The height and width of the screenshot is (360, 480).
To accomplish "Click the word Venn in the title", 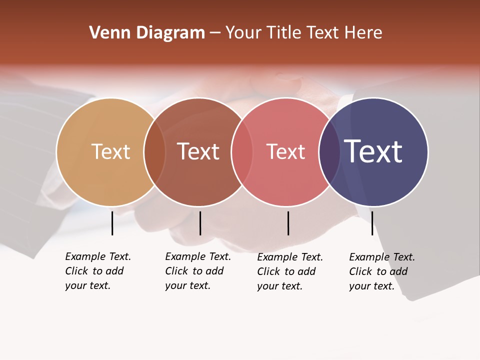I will [x=106, y=33].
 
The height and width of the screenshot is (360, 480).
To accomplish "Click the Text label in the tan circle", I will [x=110, y=151].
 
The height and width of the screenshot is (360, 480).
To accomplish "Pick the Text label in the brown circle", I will [x=198, y=151].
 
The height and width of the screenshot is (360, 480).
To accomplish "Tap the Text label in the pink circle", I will [x=286, y=151].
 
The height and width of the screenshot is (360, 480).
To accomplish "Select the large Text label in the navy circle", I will [x=373, y=151].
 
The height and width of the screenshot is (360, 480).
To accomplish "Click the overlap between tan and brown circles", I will [x=154, y=152].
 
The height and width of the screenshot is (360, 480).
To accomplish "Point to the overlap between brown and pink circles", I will [x=242, y=152].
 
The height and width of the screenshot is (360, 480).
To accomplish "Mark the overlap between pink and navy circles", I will [x=329, y=152].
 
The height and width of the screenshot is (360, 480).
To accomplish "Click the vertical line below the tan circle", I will [x=112, y=223].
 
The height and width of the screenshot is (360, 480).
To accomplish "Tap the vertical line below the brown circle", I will [x=200, y=223].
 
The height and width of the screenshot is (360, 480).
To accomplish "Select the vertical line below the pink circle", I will [x=288, y=223].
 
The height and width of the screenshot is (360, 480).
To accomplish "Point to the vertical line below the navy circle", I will [x=372, y=223].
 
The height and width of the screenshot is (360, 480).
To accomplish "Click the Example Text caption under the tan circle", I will [x=98, y=271].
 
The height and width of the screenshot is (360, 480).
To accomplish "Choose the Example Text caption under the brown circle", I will [x=198, y=271].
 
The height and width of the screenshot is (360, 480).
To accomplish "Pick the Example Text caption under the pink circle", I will [x=290, y=271].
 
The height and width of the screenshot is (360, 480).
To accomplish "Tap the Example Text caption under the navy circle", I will [x=382, y=271].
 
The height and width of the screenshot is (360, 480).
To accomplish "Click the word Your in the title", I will [x=243, y=33].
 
